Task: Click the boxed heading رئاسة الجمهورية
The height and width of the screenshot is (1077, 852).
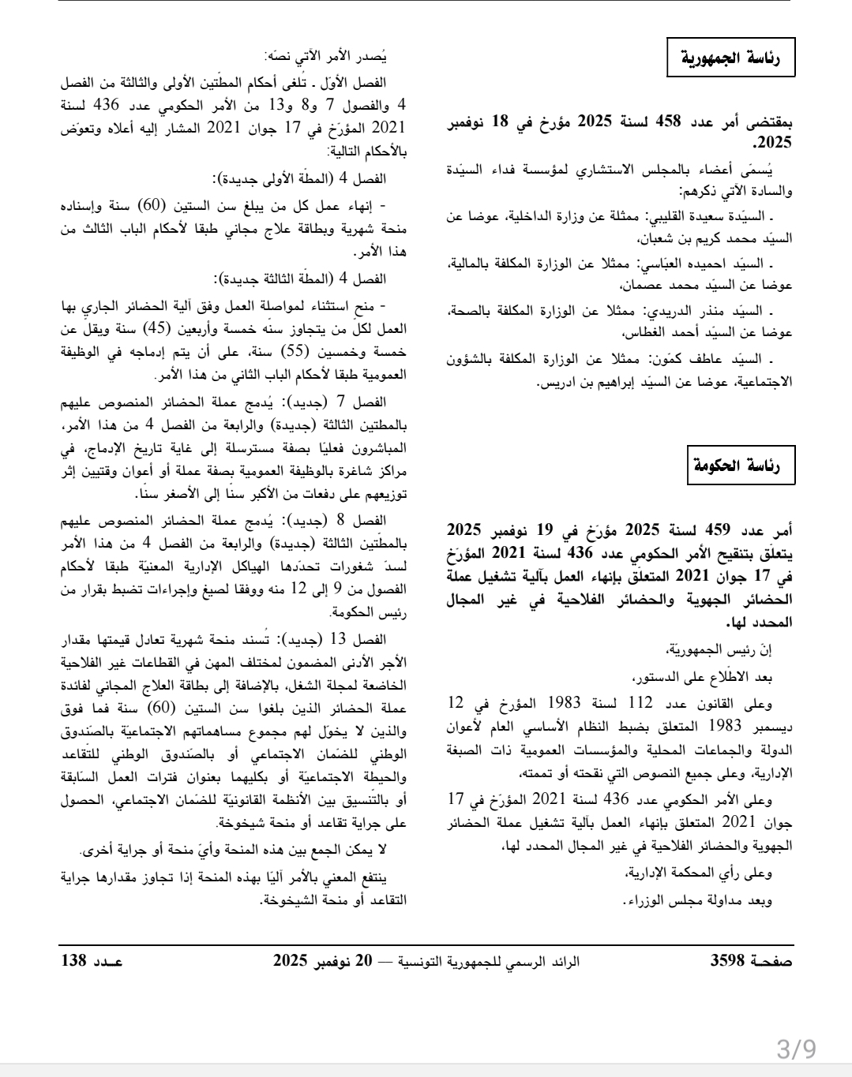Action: [731, 58]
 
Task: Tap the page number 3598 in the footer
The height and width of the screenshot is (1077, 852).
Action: [730, 961]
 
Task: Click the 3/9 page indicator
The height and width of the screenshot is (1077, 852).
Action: [797, 1049]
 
